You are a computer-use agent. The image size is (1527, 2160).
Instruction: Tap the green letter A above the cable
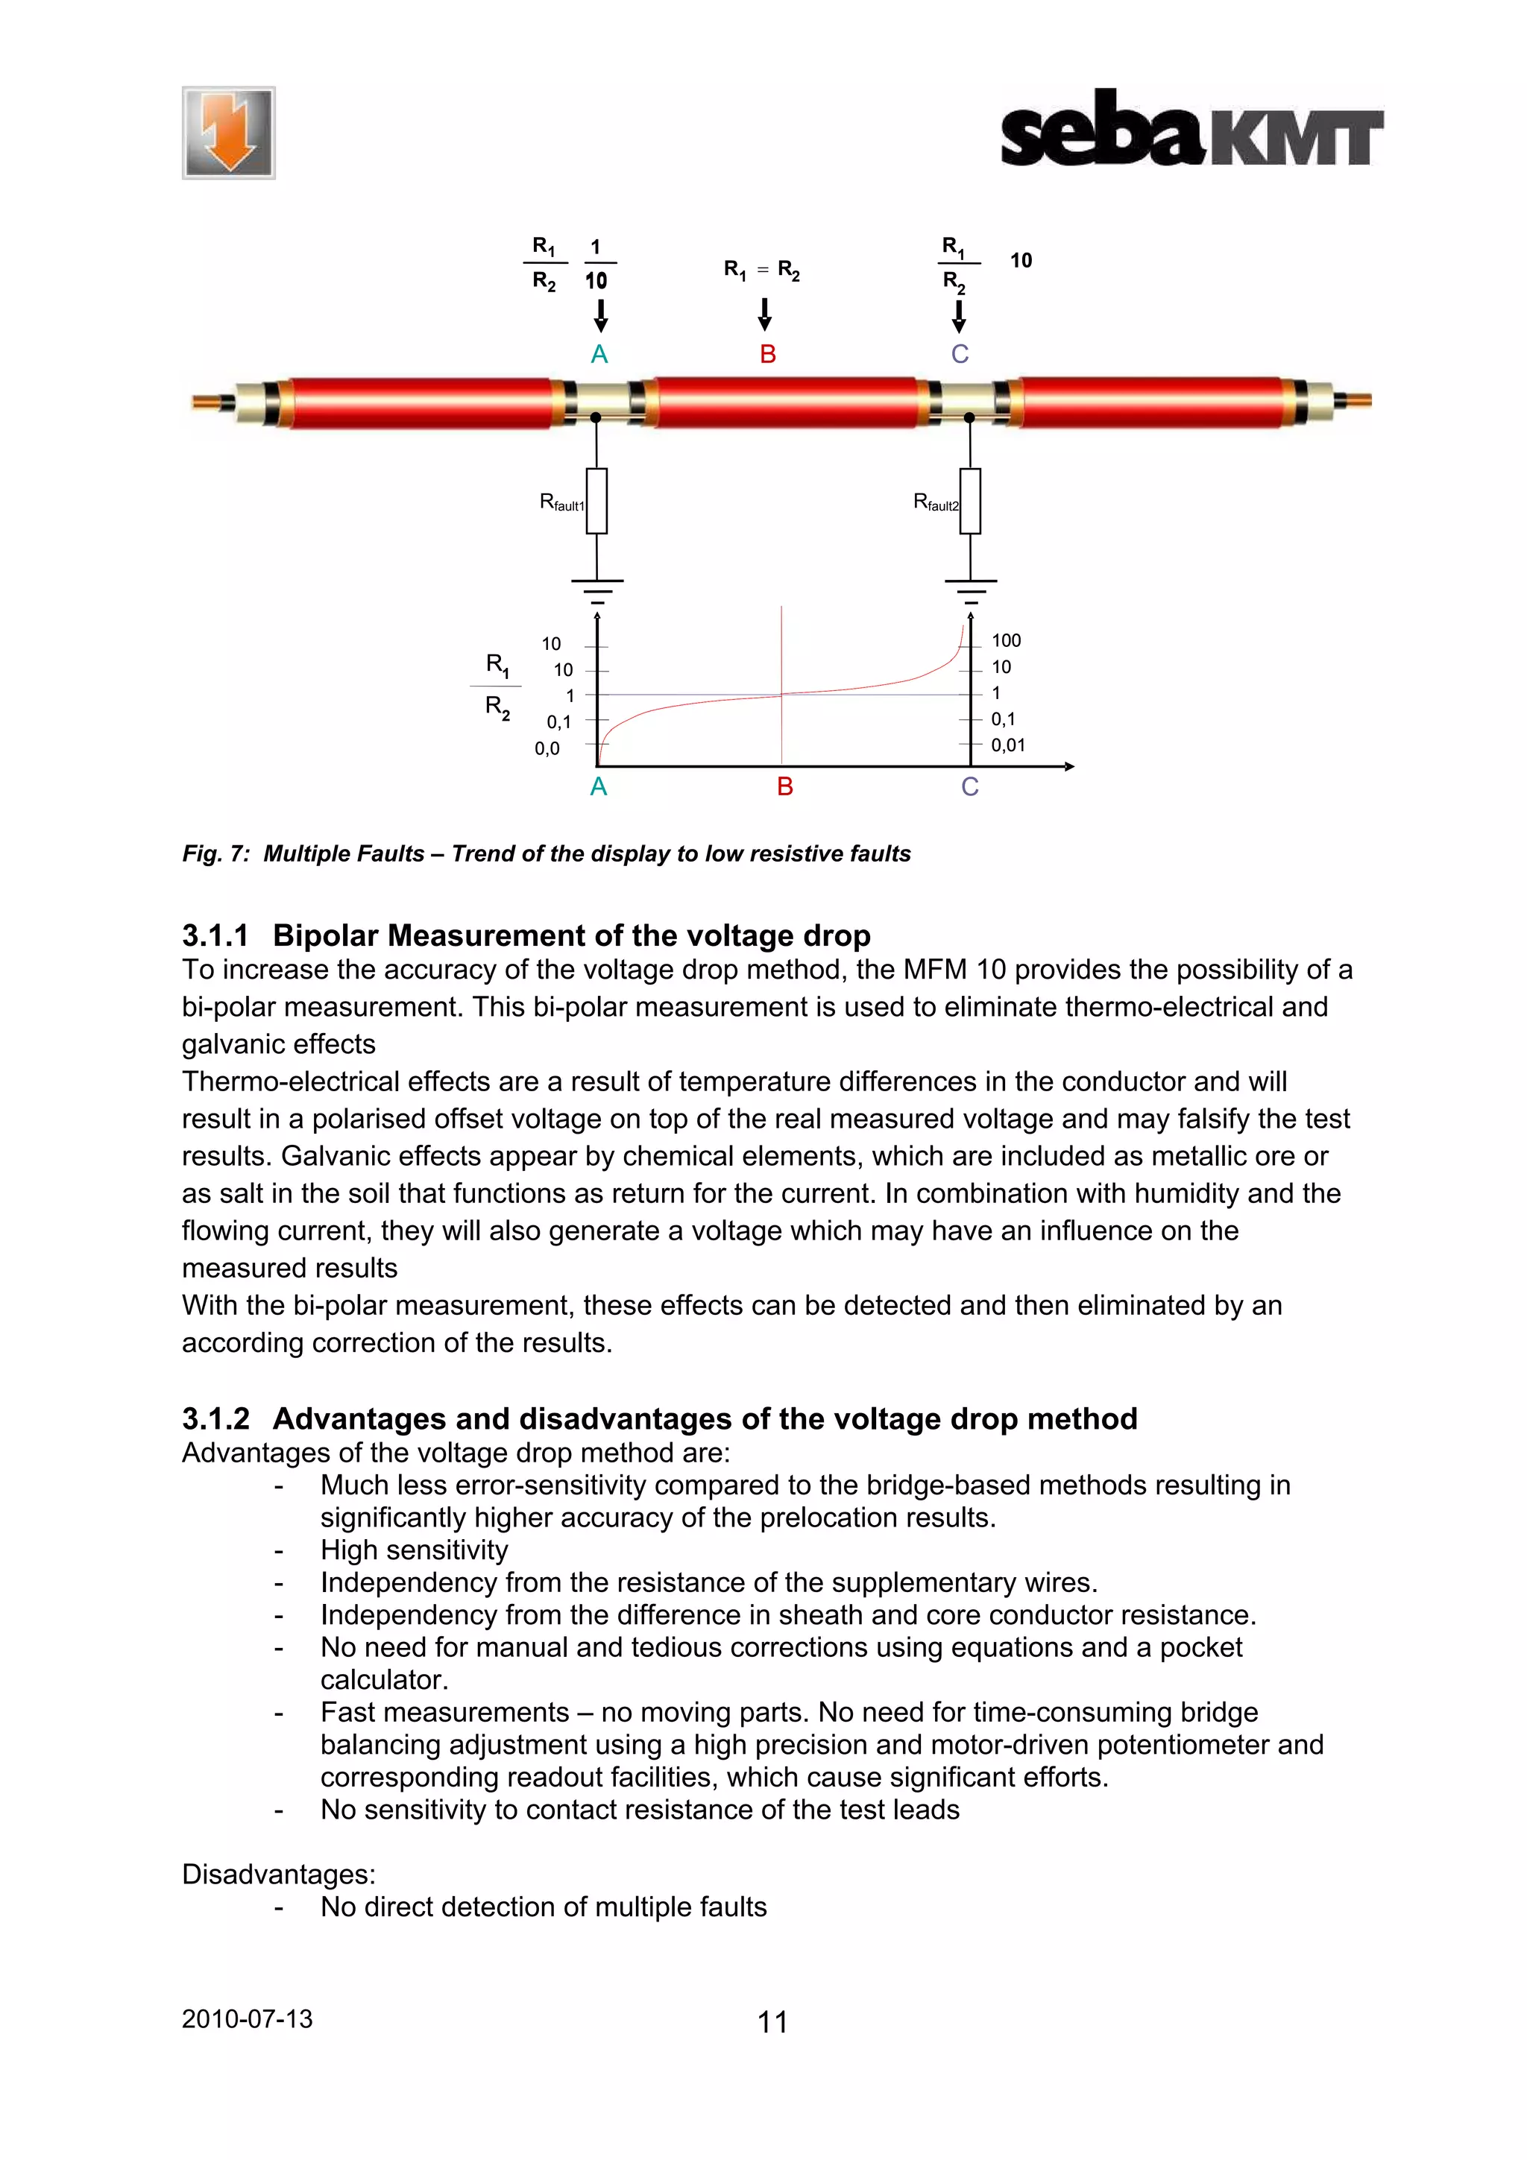pos(599,355)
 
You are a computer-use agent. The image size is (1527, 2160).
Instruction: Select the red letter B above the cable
pos(768,355)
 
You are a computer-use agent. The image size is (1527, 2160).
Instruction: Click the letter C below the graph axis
pos(970,787)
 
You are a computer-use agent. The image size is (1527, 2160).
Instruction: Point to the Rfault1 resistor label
pos(561,503)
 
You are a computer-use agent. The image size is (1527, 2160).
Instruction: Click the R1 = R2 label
pos(761,271)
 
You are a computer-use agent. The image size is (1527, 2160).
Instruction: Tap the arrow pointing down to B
pos(765,315)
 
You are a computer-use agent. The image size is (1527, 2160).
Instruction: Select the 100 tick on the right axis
pos(1006,641)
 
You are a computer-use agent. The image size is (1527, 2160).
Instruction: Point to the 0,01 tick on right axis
pos(1007,745)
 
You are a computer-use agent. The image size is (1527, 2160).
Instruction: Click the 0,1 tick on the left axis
pos(559,722)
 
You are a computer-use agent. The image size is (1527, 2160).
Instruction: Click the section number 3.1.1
pos(215,936)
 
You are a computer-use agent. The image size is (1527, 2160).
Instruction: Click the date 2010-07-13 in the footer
pos(247,2019)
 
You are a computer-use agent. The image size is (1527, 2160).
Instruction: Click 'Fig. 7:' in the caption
pos(215,853)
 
